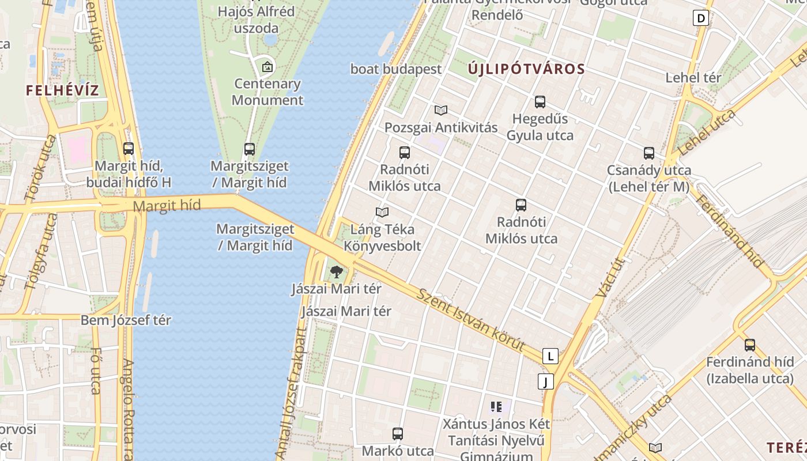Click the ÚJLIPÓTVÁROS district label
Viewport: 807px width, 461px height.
526,69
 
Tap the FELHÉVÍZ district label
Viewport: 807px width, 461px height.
62,90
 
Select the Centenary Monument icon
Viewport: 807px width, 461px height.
267,67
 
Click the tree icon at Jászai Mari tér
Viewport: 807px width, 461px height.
336,271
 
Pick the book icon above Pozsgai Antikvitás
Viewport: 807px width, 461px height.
441,110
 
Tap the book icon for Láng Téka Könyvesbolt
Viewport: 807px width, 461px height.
382,212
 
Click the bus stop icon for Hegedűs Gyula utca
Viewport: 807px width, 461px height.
540,102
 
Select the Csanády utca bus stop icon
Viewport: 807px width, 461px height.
649,153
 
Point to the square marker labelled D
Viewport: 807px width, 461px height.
701,18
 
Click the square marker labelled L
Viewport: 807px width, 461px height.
550,356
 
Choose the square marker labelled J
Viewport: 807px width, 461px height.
545,381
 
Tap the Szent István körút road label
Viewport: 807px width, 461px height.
471,320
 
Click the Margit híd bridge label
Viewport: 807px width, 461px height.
167,205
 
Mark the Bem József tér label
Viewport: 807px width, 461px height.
126,320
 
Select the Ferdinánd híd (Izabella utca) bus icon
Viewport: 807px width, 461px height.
750,345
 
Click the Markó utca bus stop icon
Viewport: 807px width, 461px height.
397,434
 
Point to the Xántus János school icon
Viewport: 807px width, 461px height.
496,407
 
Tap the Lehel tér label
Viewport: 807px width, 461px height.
693,78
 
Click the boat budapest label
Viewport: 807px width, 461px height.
396,69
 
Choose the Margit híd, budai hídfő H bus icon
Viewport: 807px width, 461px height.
129,149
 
